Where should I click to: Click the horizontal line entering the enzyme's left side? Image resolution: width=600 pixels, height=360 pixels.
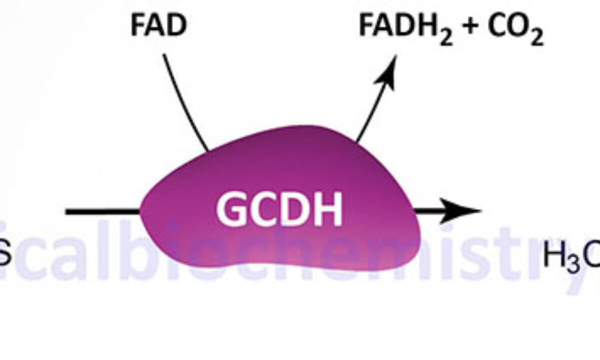(102, 212)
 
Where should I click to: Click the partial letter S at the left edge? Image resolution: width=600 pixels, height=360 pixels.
(4, 256)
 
